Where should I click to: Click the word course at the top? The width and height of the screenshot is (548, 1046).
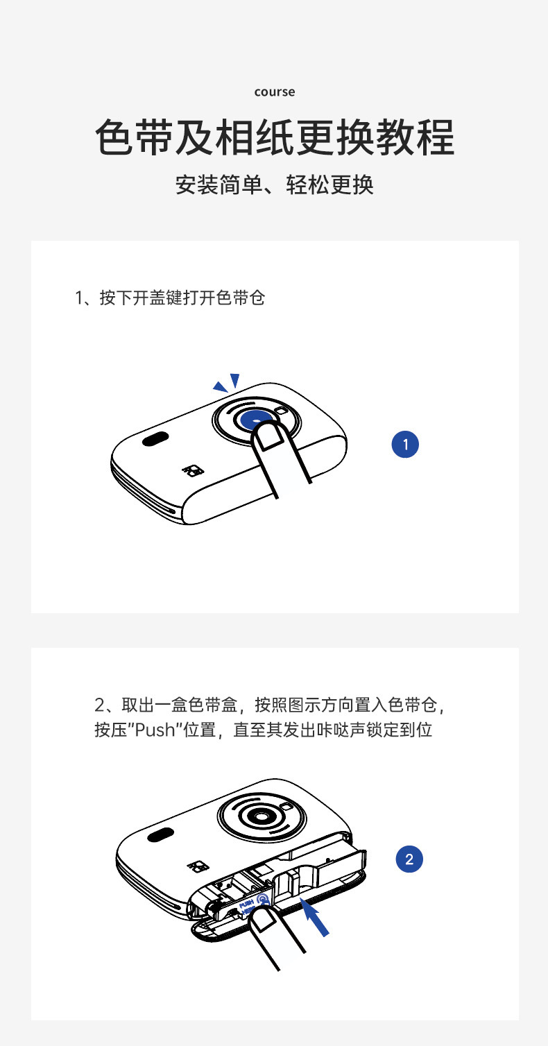click(274, 92)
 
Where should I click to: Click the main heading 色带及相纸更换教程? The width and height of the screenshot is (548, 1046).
click(274, 137)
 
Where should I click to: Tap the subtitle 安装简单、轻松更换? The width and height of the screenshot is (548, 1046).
click(274, 185)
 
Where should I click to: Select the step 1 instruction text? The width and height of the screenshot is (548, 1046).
click(170, 298)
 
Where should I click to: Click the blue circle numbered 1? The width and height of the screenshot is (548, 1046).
click(405, 444)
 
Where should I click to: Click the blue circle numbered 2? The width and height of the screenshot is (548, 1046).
click(409, 859)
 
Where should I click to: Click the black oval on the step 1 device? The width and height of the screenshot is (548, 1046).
click(155, 439)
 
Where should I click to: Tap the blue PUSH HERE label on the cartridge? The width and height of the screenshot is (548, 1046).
click(252, 904)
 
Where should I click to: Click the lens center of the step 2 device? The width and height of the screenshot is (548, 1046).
click(260, 816)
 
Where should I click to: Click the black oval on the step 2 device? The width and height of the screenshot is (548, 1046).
click(160, 834)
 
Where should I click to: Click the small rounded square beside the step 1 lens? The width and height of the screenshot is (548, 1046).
click(281, 411)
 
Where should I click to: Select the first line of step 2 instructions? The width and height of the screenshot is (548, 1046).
click(270, 705)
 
